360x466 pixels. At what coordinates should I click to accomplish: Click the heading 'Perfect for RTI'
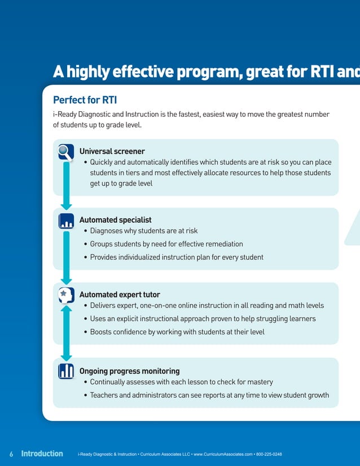point(85,100)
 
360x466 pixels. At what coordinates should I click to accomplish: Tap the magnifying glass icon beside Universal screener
point(66,152)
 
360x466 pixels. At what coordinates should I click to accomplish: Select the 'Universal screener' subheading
point(112,151)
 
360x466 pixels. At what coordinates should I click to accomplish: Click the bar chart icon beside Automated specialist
point(66,221)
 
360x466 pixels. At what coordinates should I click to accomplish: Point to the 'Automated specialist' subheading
point(115,220)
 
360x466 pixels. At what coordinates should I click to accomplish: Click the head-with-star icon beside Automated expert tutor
point(66,295)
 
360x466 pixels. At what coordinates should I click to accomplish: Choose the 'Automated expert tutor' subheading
point(120,294)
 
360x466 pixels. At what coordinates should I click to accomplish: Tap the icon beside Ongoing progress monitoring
point(66,371)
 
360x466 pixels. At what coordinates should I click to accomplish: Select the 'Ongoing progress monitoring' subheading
point(129,371)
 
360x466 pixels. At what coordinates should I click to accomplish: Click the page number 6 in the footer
point(11,454)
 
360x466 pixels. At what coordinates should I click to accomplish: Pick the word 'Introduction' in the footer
point(42,454)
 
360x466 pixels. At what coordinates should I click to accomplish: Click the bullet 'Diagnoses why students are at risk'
point(143,231)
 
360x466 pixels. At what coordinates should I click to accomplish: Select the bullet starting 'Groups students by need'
point(166,244)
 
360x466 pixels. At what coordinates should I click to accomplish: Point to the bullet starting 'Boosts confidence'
point(177,332)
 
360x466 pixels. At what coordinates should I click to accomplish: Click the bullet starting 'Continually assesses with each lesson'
point(181,382)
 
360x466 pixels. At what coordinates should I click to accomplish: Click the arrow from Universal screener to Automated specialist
point(66,187)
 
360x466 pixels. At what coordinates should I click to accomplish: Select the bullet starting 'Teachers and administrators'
point(209,395)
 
